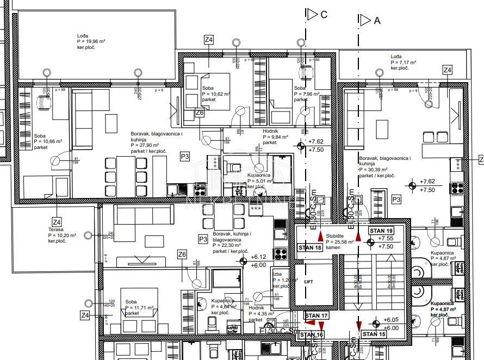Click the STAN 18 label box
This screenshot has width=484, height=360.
click(x=311, y=248)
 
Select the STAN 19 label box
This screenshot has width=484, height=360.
click(x=381, y=231)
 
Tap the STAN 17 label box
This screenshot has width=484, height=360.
click(x=317, y=316)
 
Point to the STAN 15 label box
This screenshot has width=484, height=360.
click(x=374, y=334)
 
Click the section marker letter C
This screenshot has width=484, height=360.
click(x=324, y=15)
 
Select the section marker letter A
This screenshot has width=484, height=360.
click(x=377, y=21)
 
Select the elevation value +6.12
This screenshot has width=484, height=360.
click(x=258, y=257)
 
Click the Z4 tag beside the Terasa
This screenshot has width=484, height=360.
click(x=57, y=221)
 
